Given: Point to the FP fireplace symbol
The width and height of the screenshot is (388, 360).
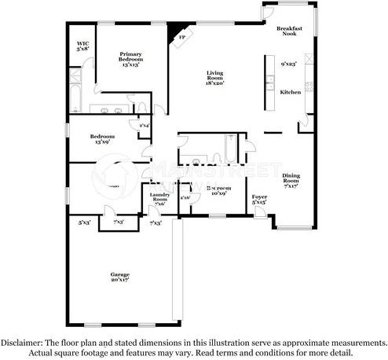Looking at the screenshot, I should [x=181, y=37].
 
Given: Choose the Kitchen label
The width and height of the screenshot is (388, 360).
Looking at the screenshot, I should [x=291, y=92].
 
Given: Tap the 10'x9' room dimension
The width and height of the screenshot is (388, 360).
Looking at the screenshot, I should [x=217, y=193].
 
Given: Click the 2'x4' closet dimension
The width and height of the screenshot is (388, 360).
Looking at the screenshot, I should [x=145, y=126].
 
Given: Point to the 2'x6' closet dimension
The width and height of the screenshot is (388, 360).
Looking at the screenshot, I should [x=185, y=197].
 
